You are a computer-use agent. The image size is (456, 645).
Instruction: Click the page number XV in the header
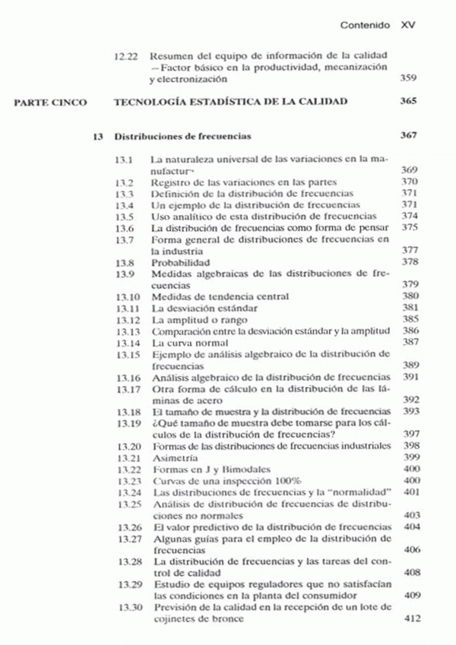click(408, 25)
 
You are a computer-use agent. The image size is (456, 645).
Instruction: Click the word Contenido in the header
click(365, 25)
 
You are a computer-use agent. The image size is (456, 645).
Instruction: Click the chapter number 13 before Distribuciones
click(97, 137)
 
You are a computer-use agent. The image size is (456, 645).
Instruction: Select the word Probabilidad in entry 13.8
click(180, 261)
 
